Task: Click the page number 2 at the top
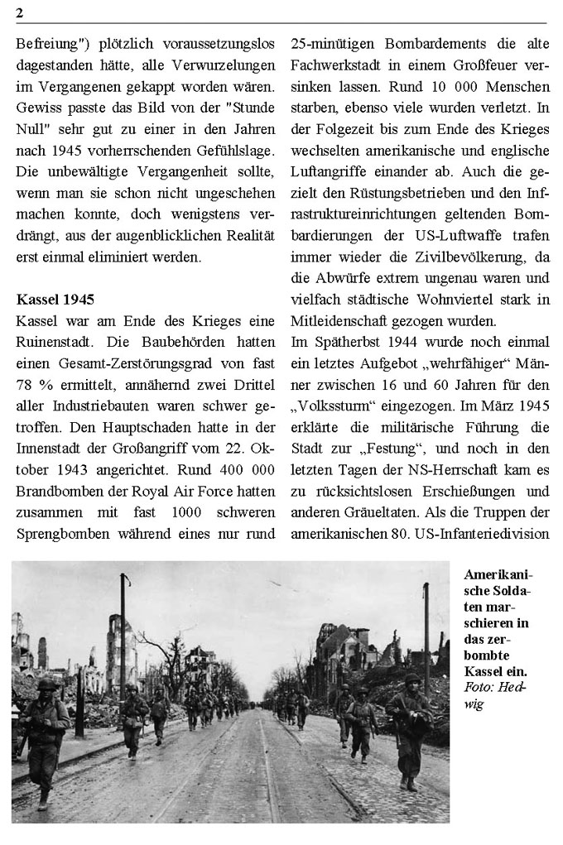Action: (x=19, y=11)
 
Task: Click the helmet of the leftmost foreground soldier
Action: (x=46, y=685)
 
